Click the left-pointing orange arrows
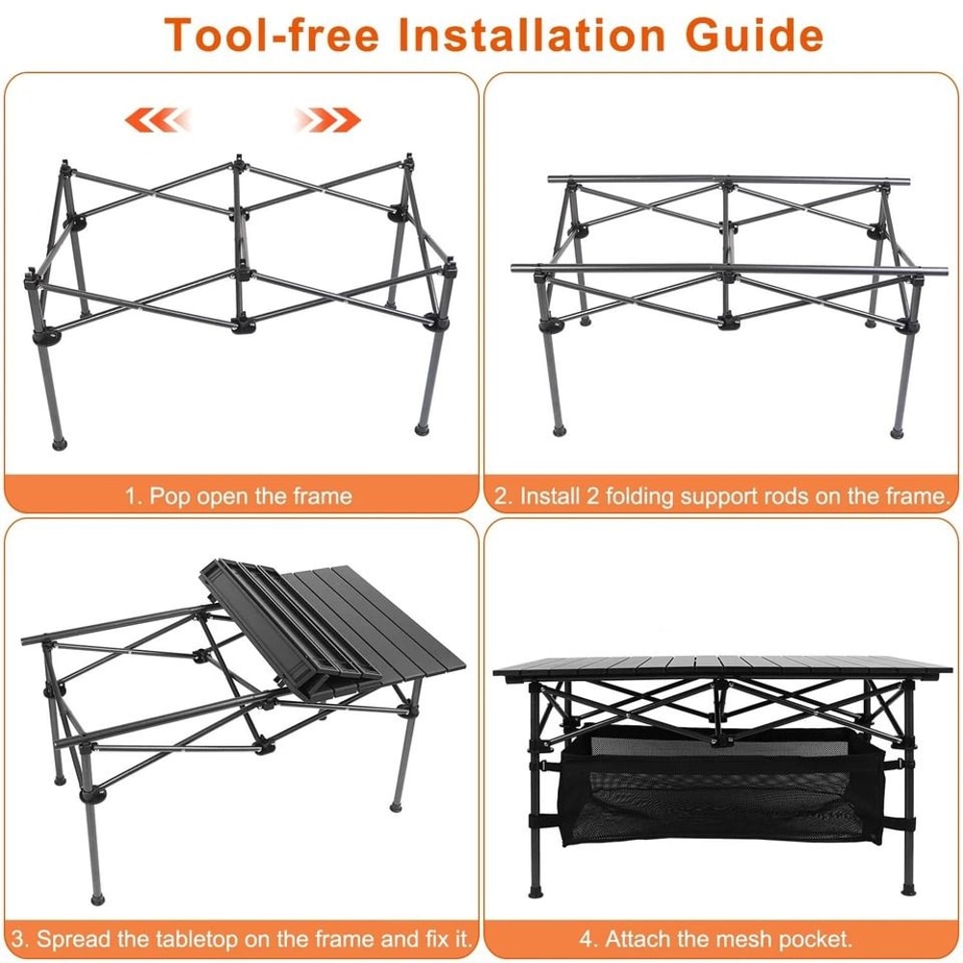tap(158, 120)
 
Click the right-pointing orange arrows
tap(327, 120)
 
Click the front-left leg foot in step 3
tap(96, 898)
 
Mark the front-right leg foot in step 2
tap(900, 426)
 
